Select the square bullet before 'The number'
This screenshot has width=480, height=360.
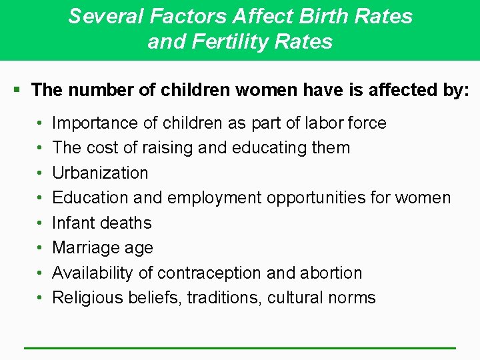(18, 89)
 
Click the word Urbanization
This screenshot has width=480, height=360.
(100, 173)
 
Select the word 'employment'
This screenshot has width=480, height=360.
(215, 198)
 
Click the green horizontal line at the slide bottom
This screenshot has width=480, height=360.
(240, 348)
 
